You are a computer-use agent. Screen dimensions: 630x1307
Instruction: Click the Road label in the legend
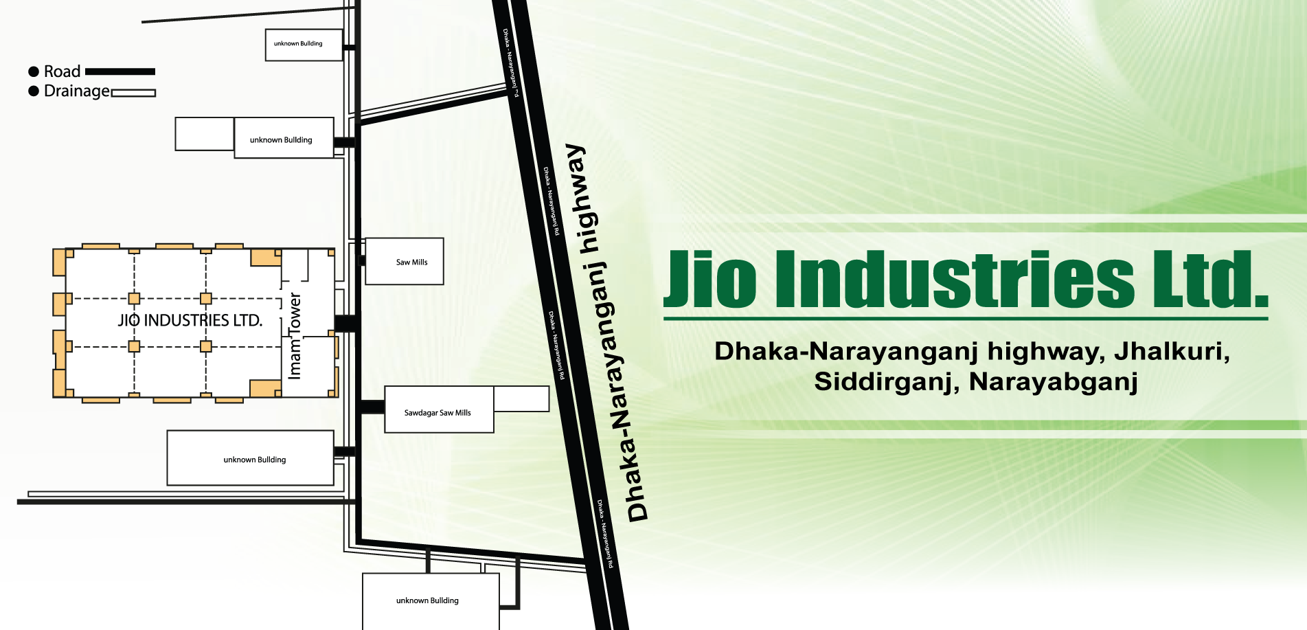click(x=62, y=71)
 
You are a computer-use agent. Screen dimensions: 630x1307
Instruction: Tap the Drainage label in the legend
click(x=76, y=91)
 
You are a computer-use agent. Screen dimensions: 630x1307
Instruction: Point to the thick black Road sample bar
click(x=120, y=71)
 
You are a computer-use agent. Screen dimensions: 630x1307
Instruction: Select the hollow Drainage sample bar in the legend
click(x=133, y=93)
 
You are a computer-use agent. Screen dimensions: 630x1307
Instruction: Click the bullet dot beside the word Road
click(x=33, y=71)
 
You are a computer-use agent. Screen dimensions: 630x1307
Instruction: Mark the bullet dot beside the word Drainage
click(x=33, y=91)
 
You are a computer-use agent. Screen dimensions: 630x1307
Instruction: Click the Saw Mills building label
click(x=411, y=262)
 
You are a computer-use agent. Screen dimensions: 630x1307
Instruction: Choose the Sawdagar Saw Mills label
click(x=437, y=413)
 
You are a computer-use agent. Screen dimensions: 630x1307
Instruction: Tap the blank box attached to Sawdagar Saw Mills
click(x=521, y=398)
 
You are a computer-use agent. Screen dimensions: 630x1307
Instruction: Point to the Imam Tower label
click(x=295, y=336)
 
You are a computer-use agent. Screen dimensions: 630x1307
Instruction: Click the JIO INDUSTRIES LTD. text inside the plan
click(x=190, y=320)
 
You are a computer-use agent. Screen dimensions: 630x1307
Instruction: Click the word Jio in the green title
click(x=712, y=280)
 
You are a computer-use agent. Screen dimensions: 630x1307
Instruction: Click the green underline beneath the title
click(x=965, y=319)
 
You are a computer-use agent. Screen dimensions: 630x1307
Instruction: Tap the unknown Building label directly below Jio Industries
click(x=255, y=460)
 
